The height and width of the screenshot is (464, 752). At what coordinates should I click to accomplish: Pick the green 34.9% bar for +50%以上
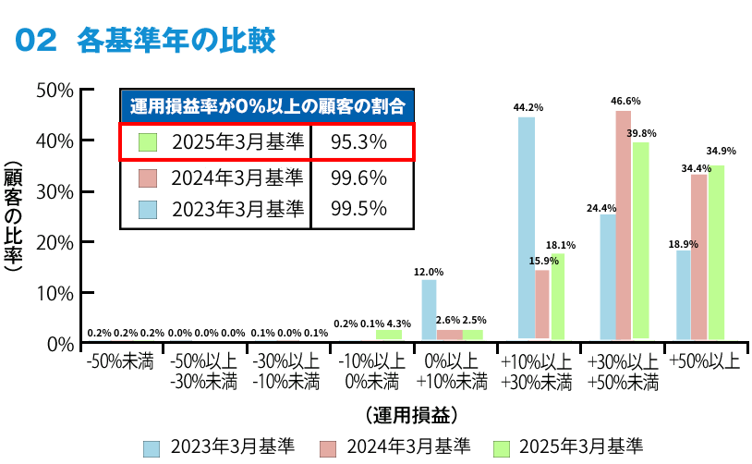pyautogui.click(x=716, y=254)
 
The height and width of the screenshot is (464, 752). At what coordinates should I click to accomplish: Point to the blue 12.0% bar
pyautogui.click(x=429, y=311)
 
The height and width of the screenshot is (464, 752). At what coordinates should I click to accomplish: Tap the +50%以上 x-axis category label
pyautogui.click(x=705, y=360)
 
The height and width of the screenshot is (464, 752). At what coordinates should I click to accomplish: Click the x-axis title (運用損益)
pyautogui.click(x=411, y=412)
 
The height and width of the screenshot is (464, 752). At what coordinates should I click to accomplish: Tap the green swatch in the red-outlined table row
pyautogui.click(x=148, y=142)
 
